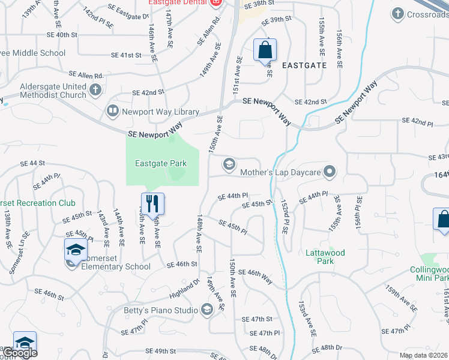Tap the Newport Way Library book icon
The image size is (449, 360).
pyautogui.click(x=112, y=111)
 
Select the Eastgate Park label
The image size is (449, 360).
pyautogui.click(x=160, y=163)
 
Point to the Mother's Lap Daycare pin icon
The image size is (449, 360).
pyautogui.click(x=329, y=172)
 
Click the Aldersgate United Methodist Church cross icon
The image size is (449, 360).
pyautogui.click(x=95, y=91)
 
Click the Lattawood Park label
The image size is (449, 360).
pyautogui.click(x=325, y=257)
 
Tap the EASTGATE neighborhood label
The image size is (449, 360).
pyautogui.click(x=304, y=65)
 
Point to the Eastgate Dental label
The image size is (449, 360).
pyautogui.click(x=178, y=2)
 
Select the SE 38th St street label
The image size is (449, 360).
pyautogui.click(x=259, y=4)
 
